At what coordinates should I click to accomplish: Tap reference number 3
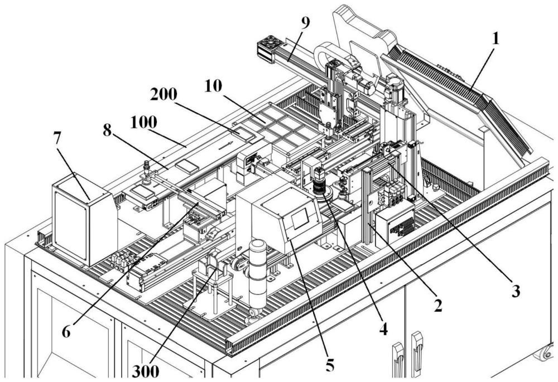[516, 291]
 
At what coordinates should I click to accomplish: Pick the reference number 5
[330, 366]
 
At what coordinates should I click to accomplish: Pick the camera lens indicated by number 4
[320, 184]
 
